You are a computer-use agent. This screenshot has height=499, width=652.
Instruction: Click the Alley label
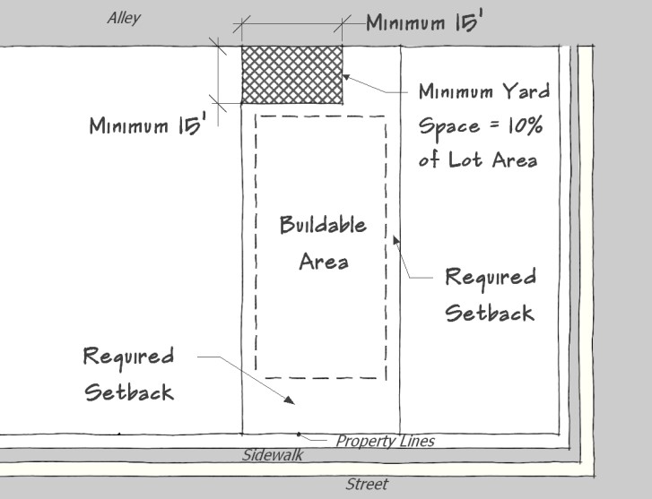coord(124,18)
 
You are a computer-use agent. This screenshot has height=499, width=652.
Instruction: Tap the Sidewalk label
coord(273,455)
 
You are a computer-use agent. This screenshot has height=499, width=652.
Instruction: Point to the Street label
coord(367,484)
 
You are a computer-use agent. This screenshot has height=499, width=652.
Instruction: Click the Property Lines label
coord(385,441)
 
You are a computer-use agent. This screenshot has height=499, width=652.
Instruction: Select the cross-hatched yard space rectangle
coord(291,74)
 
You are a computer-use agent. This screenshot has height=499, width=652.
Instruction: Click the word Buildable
coord(323,225)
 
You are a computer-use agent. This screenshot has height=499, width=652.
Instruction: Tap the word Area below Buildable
coord(324,262)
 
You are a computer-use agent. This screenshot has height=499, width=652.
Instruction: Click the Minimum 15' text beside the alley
coord(424,22)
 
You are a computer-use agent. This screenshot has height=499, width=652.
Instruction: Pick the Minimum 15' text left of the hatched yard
coord(148,125)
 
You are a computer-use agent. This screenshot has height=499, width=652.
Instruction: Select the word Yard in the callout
coord(526,91)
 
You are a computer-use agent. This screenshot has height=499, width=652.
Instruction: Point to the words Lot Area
coord(492,159)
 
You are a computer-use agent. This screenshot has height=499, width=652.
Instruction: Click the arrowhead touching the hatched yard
coord(346,77)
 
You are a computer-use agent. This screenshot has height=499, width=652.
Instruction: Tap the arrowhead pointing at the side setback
coord(396,241)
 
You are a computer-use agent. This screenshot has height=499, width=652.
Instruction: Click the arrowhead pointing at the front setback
coord(290,400)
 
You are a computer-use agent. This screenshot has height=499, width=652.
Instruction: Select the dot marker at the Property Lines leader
coord(299,434)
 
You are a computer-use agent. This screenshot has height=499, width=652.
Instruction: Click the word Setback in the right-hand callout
coord(490,313)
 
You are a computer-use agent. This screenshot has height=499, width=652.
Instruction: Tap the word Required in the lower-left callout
coord(128,357)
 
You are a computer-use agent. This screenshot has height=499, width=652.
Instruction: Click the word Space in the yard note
coord(449,126)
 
